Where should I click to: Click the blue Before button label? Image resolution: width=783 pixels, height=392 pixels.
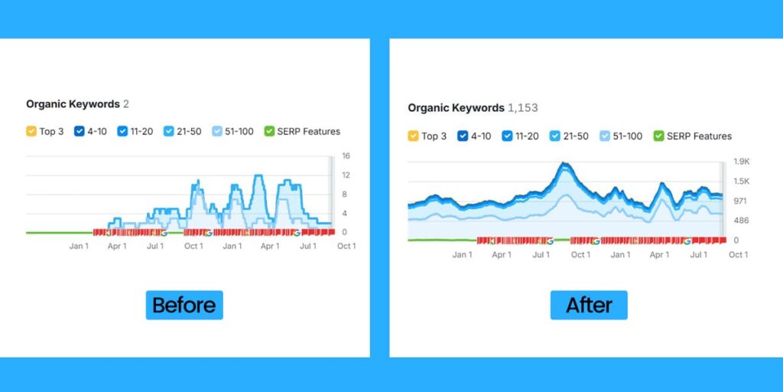point(184,305)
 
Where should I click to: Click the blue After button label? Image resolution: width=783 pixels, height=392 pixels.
point(589,305)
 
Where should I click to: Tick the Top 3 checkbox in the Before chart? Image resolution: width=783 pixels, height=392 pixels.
point(31,132)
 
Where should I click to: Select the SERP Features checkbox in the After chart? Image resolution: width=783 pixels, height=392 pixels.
point(658,136)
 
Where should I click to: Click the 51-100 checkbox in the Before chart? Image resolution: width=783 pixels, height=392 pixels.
point(217,132)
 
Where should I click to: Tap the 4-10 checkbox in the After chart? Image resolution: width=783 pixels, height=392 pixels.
point(462,136)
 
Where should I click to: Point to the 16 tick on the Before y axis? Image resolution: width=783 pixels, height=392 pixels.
point(346,156)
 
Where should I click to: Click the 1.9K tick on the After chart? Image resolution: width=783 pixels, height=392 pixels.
point(742,162)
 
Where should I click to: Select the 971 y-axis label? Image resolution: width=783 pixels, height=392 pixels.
point(740,201)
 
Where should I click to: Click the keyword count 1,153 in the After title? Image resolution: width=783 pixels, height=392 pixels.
point(523,108)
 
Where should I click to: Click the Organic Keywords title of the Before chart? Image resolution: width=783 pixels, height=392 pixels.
point(73,104)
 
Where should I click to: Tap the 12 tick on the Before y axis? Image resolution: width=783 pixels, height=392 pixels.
point(346,175)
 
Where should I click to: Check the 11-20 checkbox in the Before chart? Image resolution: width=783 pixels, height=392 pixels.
point(122,132)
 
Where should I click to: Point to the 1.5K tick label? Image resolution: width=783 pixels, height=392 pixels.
point(742,181)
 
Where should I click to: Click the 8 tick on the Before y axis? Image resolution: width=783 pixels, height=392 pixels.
point(345,194)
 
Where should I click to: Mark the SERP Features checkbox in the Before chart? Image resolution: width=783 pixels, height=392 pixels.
point(268,132)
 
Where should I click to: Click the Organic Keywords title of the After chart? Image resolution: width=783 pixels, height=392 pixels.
point(456,108)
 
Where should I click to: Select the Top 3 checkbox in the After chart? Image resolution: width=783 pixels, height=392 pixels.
point(413,136)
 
